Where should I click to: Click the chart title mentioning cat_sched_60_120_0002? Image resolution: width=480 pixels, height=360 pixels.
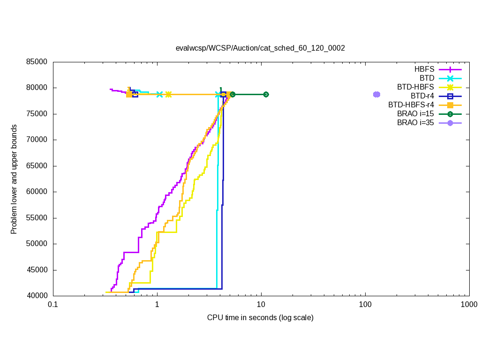(260, 48)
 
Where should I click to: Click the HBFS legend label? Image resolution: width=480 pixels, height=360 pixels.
(424, 69)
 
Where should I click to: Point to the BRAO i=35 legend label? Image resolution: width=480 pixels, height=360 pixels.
(415, 123)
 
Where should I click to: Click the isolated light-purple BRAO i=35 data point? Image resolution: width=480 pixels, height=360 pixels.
(376, 94)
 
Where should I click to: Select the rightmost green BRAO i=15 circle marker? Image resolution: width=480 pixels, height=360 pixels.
(266, 94)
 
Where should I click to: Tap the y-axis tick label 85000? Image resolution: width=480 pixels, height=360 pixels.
(37, 62)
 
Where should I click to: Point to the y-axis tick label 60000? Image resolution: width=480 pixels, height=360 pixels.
(37, 192)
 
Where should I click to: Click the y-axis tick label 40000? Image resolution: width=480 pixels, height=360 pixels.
(37, 296)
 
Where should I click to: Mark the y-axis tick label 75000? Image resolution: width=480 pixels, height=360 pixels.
(37, 114)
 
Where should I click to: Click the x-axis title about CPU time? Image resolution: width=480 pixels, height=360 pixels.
(260, 318)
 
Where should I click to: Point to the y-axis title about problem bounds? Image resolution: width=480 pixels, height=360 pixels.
(14, 179)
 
